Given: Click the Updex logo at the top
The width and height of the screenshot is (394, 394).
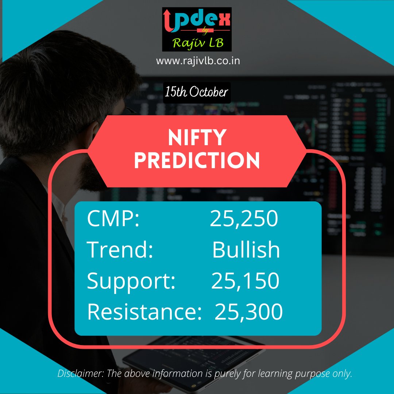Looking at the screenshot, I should [197, 29].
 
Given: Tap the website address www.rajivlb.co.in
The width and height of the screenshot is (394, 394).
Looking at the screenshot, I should [198, 61].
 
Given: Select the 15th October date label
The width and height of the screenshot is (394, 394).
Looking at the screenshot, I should [196, 92].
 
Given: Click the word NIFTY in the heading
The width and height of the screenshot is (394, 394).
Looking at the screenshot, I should [197, 138].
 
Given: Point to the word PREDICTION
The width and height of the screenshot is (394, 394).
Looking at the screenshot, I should [197, 161].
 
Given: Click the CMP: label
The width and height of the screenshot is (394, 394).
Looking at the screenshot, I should [113, 219].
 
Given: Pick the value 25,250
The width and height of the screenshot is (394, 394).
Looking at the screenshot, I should [244, 219].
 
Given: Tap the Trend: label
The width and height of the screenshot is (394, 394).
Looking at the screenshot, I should [120, 250].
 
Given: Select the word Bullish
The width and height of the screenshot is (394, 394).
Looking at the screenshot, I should [246, 250].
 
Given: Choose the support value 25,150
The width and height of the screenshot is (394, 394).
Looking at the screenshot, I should [245, 281].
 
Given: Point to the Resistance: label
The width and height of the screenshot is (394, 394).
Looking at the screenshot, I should [144, 312].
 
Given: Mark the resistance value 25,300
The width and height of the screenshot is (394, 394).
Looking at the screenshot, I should [248, 312].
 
